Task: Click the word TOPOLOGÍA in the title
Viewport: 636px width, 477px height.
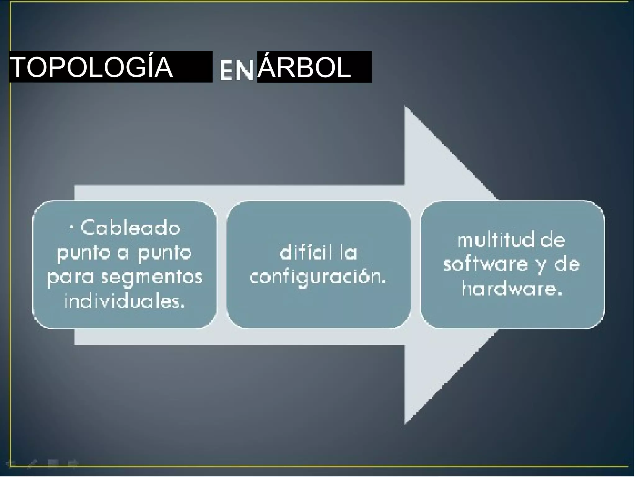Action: click(x=92, y=67)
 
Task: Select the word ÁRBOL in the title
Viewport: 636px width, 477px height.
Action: click(x=304, y=67)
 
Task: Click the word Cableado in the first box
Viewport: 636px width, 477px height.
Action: click(x=130, y=228)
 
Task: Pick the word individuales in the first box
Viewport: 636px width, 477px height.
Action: click(x=125, y=301)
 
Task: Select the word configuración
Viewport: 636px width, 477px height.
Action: click(x=317, y=277)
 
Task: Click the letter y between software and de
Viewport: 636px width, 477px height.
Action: click(x=541, y=266)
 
